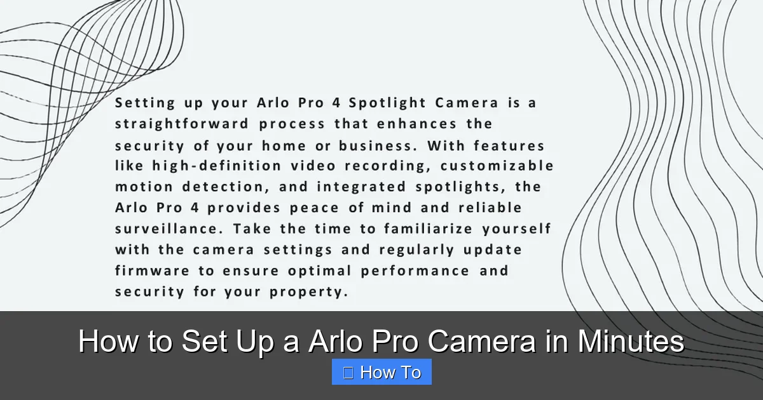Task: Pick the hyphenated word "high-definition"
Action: click(x=216, y=166)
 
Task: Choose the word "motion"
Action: click(x=144, y=187)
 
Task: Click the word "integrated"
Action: click(x=361, y=187)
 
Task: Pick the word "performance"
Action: click(x=415, y=271)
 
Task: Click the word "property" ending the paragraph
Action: click(x=309, y=293)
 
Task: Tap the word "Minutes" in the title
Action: click(x=630, y=342)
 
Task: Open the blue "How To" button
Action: click(x=381, y=372)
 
